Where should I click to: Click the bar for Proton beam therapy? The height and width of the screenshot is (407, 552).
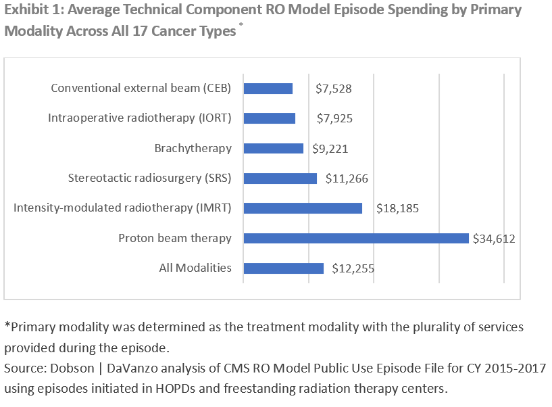[355, 238]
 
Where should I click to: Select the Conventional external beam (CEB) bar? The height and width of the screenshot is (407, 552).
[268, 89]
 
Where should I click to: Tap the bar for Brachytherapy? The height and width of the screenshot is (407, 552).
[273, 149]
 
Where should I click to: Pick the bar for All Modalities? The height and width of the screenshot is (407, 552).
[283, 268]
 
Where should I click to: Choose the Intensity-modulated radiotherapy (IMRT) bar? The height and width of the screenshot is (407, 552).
[303, 208]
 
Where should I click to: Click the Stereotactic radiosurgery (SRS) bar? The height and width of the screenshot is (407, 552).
[280, 178]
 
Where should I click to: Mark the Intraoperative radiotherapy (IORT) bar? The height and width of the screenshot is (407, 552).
[269, 118]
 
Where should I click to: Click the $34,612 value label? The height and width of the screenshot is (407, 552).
[494, 238]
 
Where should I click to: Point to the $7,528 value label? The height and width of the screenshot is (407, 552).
[334, 89]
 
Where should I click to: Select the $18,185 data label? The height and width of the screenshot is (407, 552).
[397, 208]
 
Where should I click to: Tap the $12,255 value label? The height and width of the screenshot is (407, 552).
[353, 268]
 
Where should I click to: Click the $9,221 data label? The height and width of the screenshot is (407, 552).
[330, 149]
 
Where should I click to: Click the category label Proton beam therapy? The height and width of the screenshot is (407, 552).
[175, 238]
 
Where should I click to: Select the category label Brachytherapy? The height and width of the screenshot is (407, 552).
[193, 148]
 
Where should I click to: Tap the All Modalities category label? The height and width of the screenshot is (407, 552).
[195, 268]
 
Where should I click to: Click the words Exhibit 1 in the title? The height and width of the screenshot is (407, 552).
[32, 10]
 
